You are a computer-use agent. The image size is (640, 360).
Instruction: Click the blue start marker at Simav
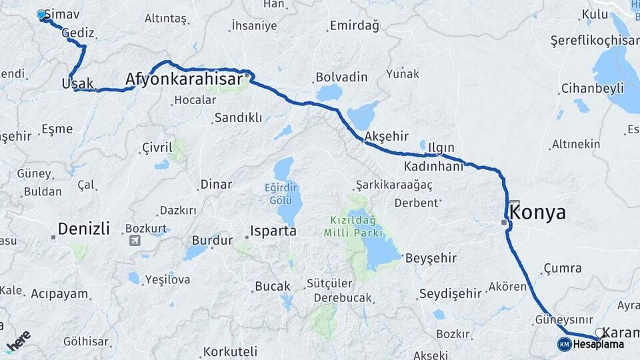41,14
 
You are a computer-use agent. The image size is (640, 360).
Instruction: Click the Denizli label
83,229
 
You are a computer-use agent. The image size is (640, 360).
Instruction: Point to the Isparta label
273,231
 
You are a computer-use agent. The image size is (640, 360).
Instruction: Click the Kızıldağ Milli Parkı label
353,227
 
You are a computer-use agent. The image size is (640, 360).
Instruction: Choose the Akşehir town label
386,136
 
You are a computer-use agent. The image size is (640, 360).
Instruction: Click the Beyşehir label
431,257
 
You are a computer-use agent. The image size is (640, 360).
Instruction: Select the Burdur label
212,240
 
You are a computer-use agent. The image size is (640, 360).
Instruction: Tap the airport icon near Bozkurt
135,241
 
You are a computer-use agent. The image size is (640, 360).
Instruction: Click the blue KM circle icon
564,344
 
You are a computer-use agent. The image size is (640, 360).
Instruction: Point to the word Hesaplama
598,345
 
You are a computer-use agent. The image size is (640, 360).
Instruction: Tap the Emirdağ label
353,26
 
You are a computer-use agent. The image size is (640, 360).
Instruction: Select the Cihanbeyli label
592,88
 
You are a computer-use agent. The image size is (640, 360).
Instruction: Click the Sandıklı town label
238,118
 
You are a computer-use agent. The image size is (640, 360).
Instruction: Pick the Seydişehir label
451,293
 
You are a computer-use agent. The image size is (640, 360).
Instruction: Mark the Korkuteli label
230,351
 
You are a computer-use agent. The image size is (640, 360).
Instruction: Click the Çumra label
562,268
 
